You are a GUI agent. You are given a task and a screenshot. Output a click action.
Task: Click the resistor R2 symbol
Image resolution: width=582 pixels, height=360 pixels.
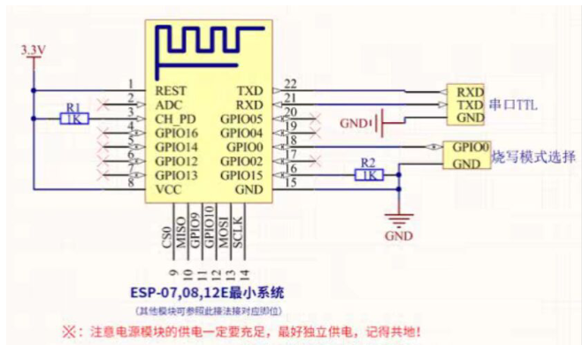[x=368, y=175]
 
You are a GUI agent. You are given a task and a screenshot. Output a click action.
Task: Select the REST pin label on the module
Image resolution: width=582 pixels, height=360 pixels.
[x=171, y=90]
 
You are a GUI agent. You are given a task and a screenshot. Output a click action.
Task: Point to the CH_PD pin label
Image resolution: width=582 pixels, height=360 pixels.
[x=175, y=119]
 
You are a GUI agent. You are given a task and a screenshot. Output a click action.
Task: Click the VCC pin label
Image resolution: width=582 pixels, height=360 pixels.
[x=168, y=188]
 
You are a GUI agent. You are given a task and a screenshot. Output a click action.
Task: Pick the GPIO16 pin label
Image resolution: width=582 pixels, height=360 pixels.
[x=177, y=133]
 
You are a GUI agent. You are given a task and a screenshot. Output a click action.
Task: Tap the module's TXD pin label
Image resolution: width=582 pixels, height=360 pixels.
[x=250, y=90]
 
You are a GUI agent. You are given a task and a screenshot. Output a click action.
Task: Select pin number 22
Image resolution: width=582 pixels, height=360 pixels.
[x=289, y=84]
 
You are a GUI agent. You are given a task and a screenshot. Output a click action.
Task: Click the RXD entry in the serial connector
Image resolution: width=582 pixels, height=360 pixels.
[x=470, y=90]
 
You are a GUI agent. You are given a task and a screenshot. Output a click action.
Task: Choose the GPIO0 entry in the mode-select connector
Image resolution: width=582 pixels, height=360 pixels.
[x=471, y=149]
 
